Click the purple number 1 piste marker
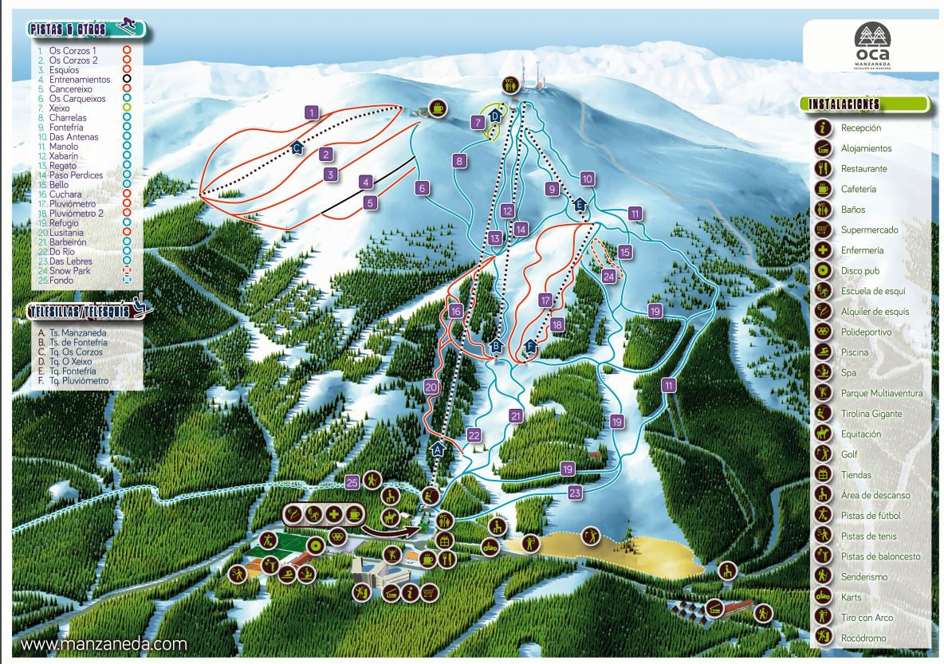(312, 112)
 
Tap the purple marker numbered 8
(459, 161)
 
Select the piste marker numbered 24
(609, 277)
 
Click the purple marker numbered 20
(431, 387)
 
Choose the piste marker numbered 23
(576, 493)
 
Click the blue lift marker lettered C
(297, 147)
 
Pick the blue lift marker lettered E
(580, 205)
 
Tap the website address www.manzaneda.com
(104, 643)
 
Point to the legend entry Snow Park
(69, 271)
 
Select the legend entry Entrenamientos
(79, 80)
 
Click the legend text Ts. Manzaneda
(77, 332)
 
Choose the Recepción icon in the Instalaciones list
(822, 128)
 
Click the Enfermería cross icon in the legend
(822, 250)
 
